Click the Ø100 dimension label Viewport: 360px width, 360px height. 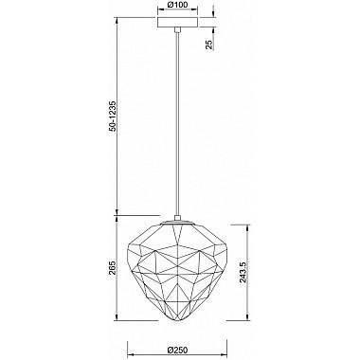point(177,5)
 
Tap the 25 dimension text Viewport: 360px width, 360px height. point(209,45)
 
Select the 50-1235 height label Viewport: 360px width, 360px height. point(114,116)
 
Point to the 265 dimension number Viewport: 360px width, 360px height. point(113,268)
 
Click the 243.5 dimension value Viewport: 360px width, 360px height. point(243,272)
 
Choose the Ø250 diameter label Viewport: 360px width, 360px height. point(177,350)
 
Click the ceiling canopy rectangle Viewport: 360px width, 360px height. point(177,22)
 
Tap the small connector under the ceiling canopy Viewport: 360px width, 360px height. point(178,29)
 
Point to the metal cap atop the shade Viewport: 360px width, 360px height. point(177,223)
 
